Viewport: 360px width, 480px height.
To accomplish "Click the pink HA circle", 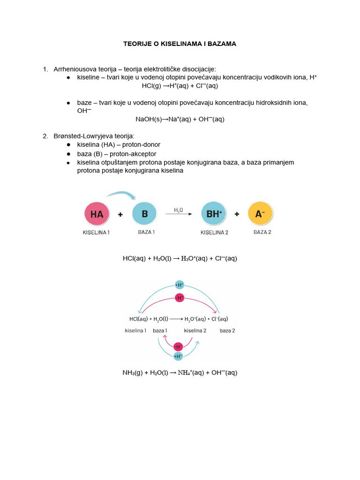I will (x=97, y=214).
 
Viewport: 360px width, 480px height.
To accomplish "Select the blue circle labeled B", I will (x=145, y=214).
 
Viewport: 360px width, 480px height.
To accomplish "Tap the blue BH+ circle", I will (x=214, y=214).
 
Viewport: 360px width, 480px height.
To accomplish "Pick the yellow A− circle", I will (x=260, y=214).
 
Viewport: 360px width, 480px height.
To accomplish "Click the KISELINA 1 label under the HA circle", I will (x=96, y=232).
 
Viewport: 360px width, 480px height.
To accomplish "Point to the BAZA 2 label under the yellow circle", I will (x=262, y=232).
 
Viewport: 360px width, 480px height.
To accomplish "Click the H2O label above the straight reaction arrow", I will (x=179, y=210).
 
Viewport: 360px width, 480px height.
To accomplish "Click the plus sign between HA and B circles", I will (x=120, y=215).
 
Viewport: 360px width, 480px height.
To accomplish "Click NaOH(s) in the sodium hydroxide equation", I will (x=149, y=120).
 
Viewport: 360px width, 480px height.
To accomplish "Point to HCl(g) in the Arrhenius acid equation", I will (x=151, y=86).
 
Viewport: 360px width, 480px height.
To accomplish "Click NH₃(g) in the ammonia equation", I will (x=133, y=373).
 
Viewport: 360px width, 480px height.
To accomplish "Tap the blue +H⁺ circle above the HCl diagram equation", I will (x=179, y=285).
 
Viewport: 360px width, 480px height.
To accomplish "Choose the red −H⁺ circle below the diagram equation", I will (x=178, y=347).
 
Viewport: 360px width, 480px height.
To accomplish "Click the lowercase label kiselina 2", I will (x=195, y=330).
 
